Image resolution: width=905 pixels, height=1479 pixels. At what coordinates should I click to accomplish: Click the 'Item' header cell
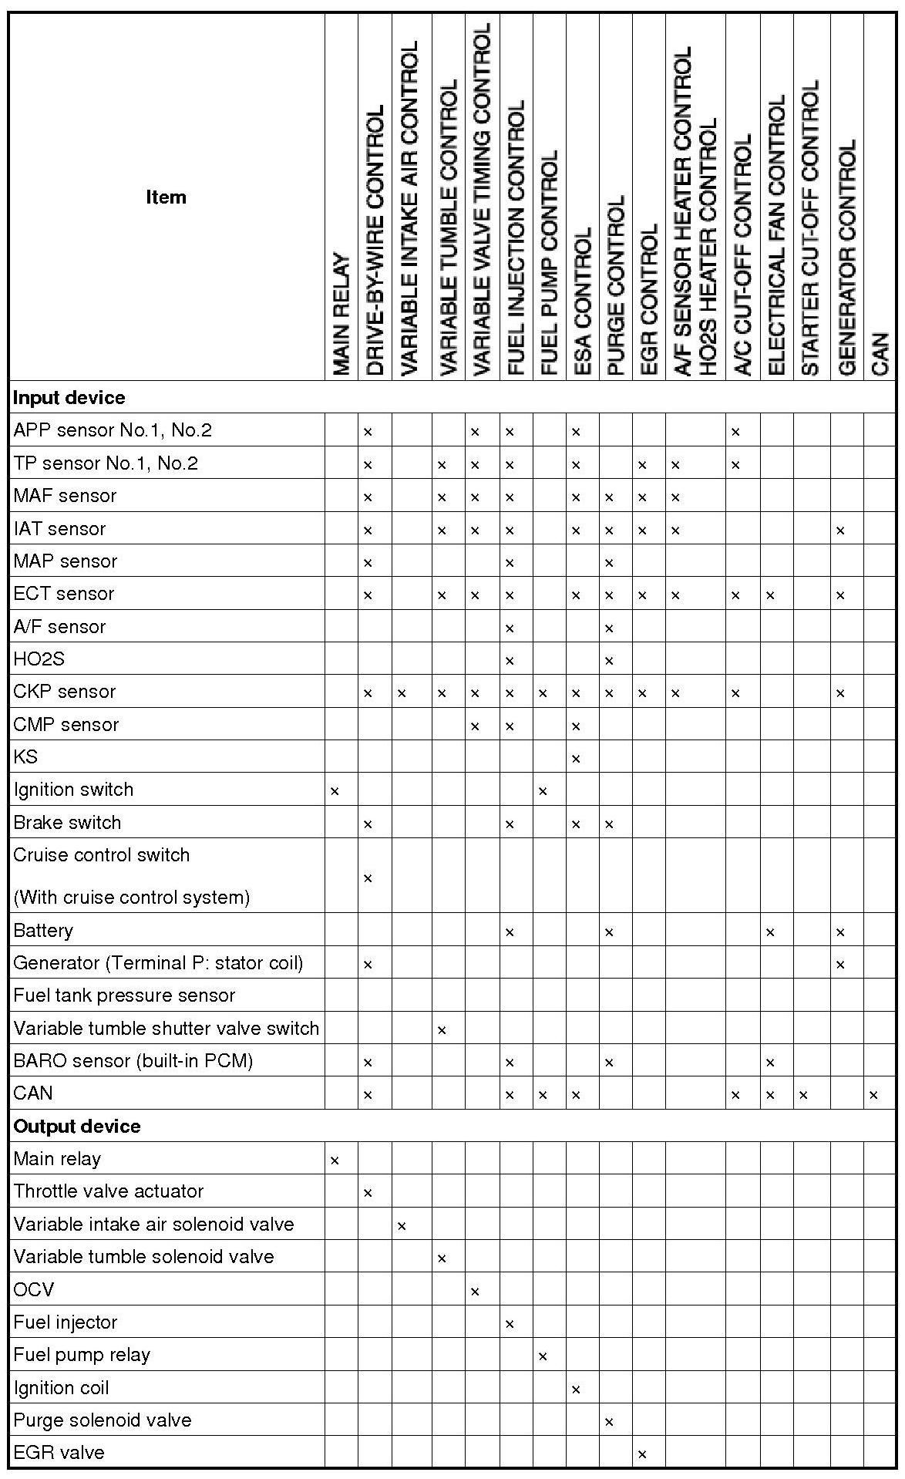166,197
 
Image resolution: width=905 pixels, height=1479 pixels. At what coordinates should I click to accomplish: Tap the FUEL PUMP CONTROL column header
549,262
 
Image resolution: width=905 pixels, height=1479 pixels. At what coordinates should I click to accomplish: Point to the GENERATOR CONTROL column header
846,258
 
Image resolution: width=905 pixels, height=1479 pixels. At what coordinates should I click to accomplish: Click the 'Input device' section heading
69,398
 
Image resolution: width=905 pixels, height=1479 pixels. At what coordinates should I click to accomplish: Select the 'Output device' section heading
77,1127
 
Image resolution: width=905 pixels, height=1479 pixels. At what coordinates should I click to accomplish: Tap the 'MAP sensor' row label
66,561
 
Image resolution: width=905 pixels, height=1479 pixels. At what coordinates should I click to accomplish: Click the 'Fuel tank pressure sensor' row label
124,996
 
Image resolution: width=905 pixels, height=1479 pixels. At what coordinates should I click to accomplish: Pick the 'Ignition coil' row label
62,1388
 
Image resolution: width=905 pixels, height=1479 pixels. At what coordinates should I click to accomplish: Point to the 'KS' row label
25,757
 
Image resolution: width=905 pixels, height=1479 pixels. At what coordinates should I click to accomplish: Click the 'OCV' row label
34,1289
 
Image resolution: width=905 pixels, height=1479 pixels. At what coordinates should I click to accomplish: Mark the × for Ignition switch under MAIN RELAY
335,791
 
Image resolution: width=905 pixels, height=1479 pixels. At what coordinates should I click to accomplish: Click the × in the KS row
576,759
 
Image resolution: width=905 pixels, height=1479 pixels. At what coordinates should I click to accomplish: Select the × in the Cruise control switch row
368,878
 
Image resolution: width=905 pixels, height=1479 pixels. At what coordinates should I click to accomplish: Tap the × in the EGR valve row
642,1454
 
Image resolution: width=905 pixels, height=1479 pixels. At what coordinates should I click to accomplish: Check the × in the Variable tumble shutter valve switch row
442,1030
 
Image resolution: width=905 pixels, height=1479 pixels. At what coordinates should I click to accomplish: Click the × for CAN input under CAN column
873,1095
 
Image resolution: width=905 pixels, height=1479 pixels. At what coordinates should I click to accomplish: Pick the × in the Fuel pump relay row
543,1356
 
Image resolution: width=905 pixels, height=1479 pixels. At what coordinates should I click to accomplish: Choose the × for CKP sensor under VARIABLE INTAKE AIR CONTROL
402,693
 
